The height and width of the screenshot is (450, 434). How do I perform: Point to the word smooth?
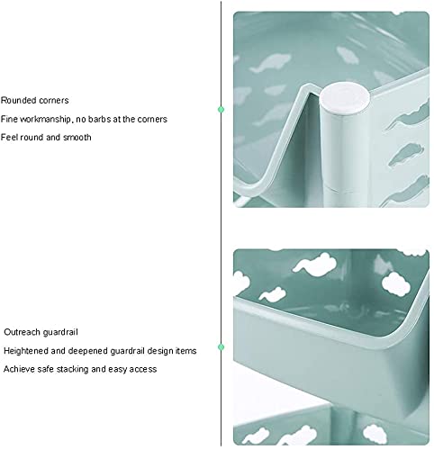(x=77, y=138)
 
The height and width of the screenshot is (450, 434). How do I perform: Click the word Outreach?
(x=23, y=332)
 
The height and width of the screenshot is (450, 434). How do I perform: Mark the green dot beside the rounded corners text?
(x=222, y=110)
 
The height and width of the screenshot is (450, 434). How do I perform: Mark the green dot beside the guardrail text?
(x=222, y=347)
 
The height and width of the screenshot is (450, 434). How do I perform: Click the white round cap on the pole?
(x=344, y=98)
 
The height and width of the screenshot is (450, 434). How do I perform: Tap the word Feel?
(x=7, y=138)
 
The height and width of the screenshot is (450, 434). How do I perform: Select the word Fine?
(x=9, y=119)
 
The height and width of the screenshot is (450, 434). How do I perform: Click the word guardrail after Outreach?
(x=60, y=332)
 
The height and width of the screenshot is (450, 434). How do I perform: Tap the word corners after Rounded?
(x=53, y=101)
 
